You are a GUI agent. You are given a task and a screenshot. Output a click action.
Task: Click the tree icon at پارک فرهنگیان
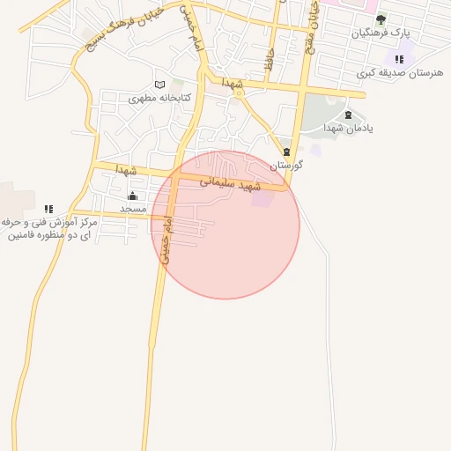pos(381,18)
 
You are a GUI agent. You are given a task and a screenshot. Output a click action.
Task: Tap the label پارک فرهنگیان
pos(381,33)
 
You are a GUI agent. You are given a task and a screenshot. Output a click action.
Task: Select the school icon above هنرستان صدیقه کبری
pos(399,59)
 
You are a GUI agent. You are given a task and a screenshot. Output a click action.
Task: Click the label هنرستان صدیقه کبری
pos(396,73)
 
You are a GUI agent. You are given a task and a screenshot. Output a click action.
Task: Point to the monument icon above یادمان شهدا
pos(348,115)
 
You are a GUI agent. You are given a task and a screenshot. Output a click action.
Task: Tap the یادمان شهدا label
pos(347,129)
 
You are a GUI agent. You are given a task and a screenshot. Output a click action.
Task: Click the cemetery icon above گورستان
pos(286,151)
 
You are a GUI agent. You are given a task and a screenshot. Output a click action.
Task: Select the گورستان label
pos(286,165)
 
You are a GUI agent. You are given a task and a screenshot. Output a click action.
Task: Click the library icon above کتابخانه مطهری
pos(159,85)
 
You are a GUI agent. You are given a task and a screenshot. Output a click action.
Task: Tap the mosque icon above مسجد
pos(132,196)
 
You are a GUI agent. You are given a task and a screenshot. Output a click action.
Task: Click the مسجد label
pos(132,209)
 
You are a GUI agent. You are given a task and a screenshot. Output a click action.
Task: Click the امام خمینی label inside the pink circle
pos(167,239)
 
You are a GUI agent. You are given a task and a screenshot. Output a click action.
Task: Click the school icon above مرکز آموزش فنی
pos(48,209)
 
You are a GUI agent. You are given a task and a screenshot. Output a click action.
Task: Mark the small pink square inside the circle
pos(262,199)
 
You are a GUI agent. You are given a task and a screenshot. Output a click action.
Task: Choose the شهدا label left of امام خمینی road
pos(128,168)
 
